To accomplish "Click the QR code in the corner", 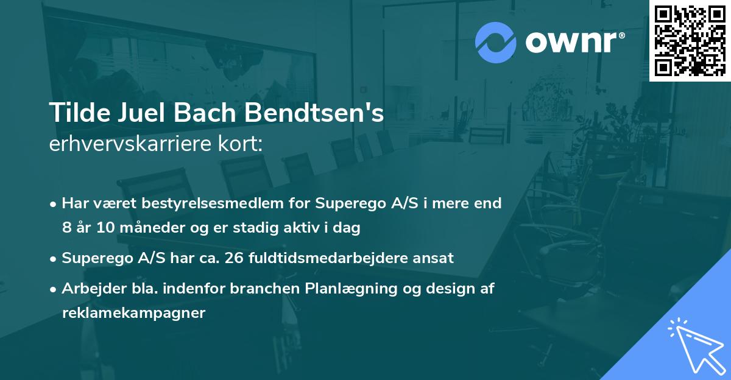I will [x=690, y=41].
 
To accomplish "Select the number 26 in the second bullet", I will [x=233, y=258].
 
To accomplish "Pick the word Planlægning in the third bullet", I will [x=347, y=289].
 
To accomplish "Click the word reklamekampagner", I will [x=134, y=313].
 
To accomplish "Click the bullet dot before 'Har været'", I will [x=54, y=204].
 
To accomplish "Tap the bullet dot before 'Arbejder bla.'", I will [x=54, y=289].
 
